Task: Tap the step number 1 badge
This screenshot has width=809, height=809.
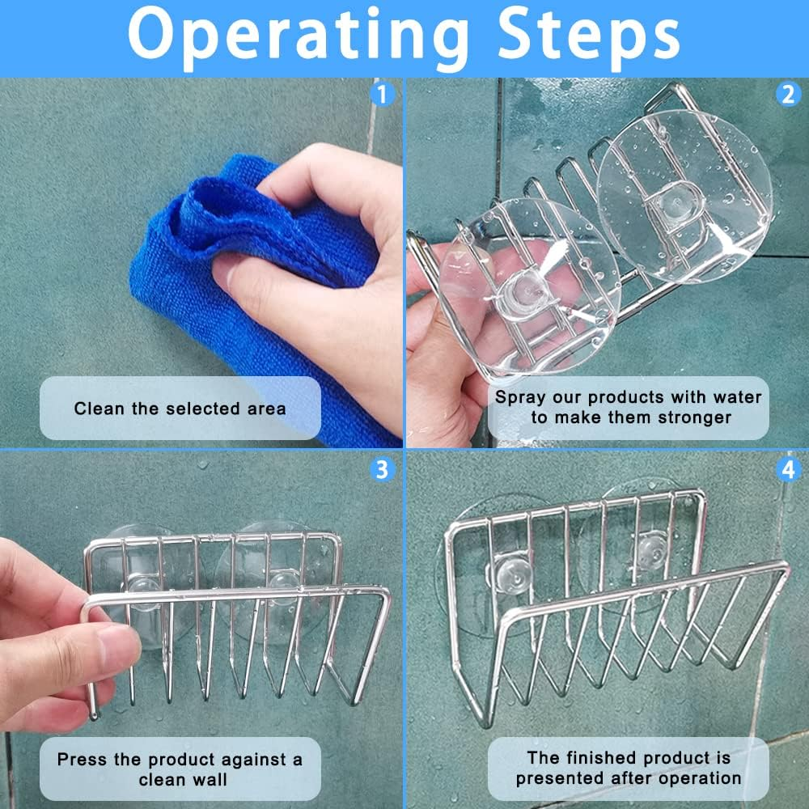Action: click(x=383, y=95)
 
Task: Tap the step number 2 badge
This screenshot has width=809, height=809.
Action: click(x=788, y=95)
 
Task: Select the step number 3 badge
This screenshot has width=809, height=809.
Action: click(x=383, y=469)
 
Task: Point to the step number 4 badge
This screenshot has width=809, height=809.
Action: click(x=788, y=469)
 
